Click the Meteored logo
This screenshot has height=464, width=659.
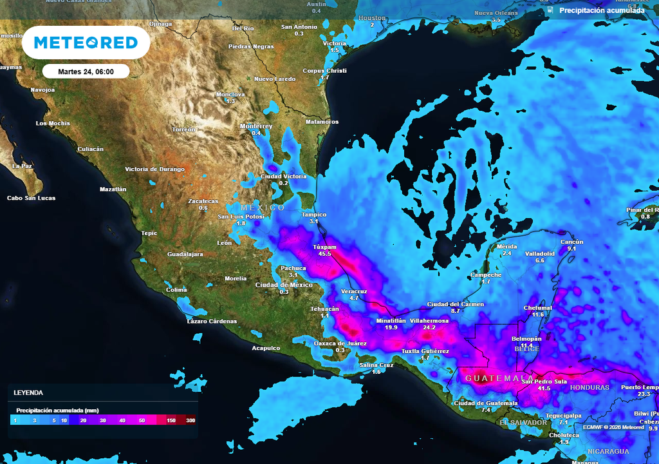click(86, 43)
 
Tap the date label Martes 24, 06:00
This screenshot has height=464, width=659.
click(86, 72)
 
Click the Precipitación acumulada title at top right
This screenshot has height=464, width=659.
click(601, 10)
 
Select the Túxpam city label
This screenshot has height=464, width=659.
click(324, 247)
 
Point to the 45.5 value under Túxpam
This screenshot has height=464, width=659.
click(324, 254)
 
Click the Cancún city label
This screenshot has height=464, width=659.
click(571, 241)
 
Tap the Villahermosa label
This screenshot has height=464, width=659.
click(429, 320)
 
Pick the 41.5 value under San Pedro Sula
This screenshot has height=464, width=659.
click(544, 389)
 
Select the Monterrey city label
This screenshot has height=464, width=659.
click(256, 126)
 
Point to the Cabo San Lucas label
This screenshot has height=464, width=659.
click(31, 198)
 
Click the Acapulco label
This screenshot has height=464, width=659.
click(266, 348)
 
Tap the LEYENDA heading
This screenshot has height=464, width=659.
click(28, 392)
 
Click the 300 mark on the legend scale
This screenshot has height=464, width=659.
click(190, 420)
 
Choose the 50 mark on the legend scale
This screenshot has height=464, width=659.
click(142, 420)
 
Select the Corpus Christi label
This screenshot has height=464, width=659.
click(324, 70)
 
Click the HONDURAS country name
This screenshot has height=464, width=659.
click(589, 387)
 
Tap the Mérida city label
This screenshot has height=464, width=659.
click(506, 246)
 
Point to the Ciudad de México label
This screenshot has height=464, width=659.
click(284, 285)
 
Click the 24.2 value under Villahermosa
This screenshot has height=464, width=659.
click(429, 327)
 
